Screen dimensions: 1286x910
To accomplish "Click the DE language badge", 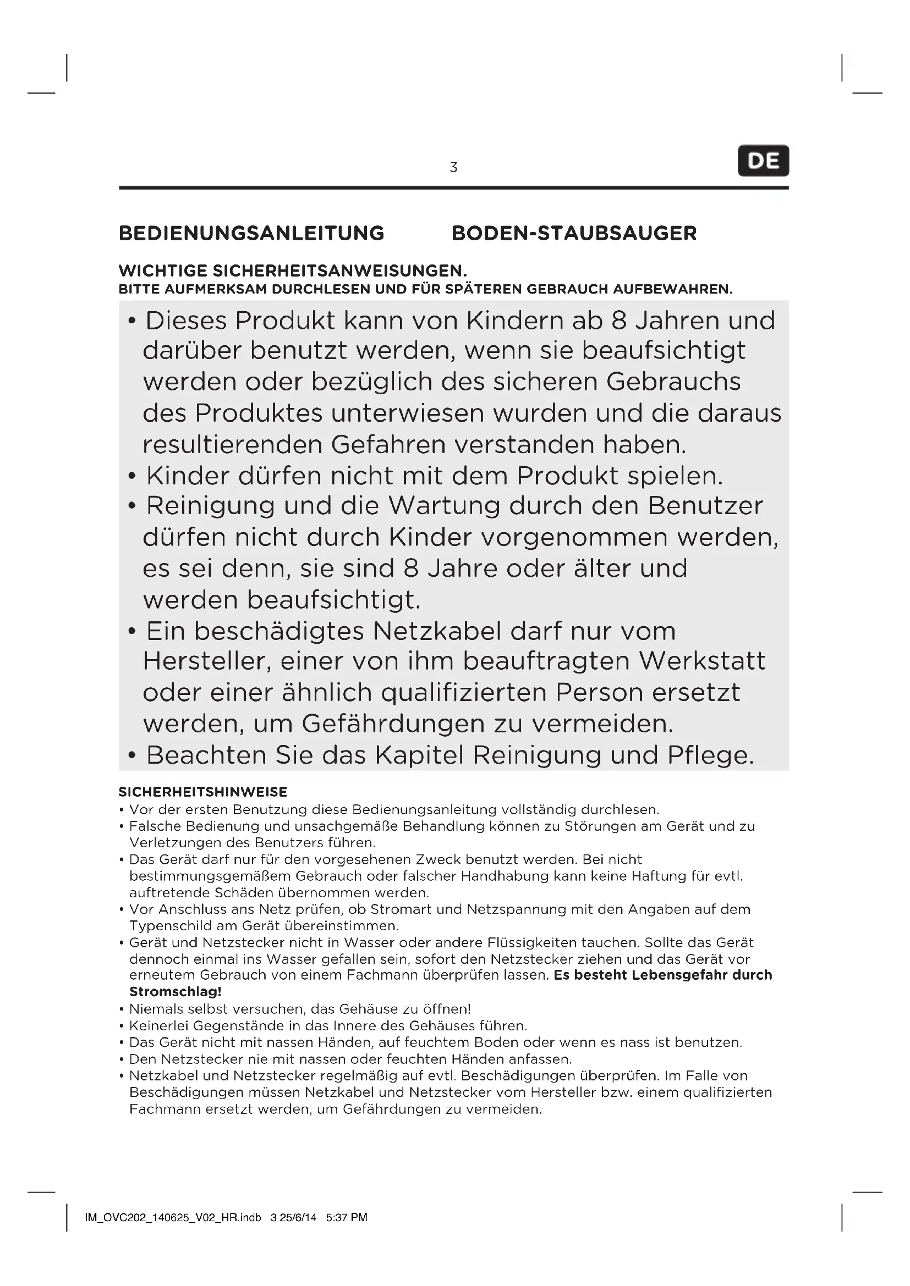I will click(763, 161).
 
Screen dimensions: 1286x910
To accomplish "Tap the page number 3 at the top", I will click(453, 167).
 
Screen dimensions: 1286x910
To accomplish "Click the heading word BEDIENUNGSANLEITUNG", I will click(251, 233).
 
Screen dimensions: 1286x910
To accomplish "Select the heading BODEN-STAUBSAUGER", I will click(574, 233).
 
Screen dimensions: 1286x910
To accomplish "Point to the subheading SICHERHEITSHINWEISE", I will click(203, 792).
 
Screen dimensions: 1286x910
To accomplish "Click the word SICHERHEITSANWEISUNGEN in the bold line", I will click(339, 272).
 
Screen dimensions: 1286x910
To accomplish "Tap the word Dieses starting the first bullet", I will click(186, 321).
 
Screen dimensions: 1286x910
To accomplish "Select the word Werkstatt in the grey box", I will click(702, 661).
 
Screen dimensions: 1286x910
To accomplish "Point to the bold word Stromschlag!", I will click(176, 992).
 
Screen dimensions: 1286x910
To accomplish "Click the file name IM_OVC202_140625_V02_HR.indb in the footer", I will click(173, 1217).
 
